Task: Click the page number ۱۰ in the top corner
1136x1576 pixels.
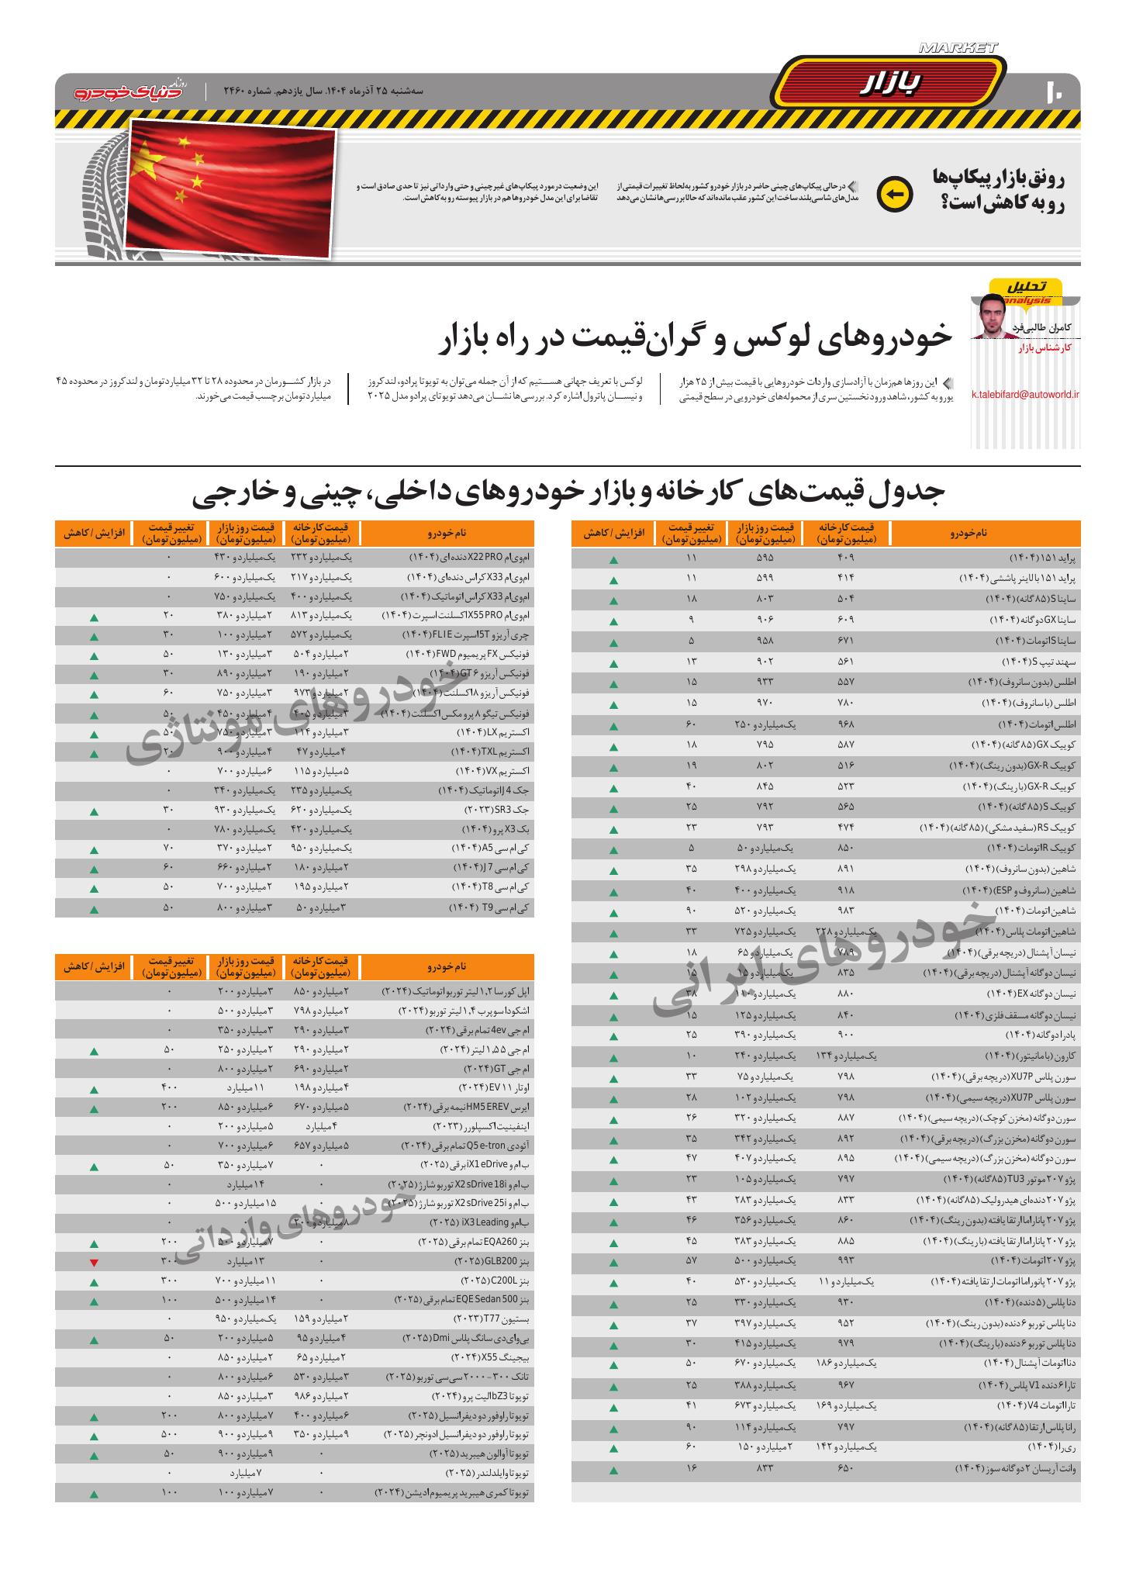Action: (x=1055, y=92)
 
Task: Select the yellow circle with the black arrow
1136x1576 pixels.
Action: (x=894, y=195)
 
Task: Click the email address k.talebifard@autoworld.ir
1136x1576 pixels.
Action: (x=1025, y=395)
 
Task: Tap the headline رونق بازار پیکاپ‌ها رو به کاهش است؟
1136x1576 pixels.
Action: (x=999, y=191)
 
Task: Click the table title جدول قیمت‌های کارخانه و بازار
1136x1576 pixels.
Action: (x=568, y=493)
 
